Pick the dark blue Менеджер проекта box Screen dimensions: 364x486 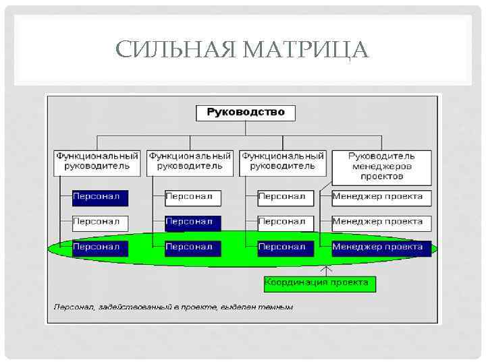click(381, 247)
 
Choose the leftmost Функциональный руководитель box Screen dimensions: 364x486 click(97, 160)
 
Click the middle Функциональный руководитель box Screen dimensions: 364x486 click(190, 160)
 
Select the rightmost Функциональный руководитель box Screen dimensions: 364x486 click(283, 160)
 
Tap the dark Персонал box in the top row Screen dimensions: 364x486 click(100, 197)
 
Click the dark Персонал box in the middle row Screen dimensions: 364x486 click(192, 221)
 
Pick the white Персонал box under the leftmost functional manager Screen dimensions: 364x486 click(100, 221)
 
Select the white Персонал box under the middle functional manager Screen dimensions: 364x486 click(192, 197)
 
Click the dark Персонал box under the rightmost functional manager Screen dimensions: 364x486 click(286, 247)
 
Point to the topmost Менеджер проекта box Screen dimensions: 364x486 click(381, 197)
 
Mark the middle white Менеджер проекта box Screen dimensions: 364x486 click(381, 221)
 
